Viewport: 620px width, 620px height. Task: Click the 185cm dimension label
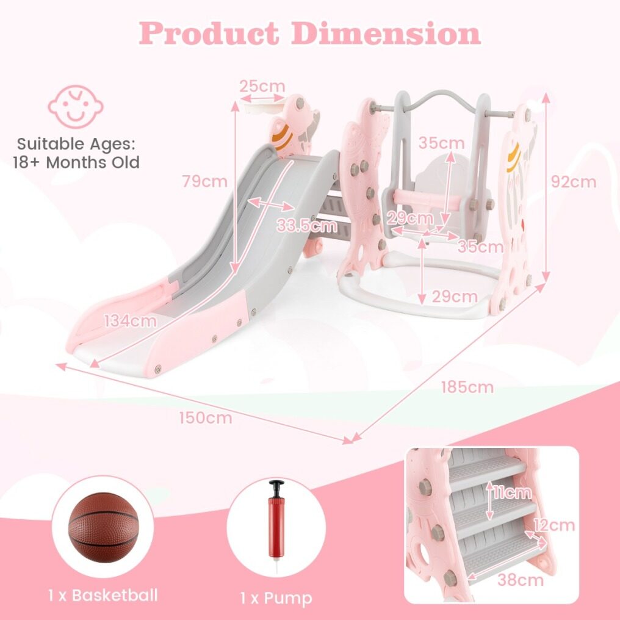click(467, 387)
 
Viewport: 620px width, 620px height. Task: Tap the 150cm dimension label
click(206, 418)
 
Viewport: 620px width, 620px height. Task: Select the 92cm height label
click(574, 182)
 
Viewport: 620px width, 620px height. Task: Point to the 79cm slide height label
click(205, 181)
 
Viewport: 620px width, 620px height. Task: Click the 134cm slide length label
click(131, 321)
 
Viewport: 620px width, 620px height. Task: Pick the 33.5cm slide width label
click(307, 225)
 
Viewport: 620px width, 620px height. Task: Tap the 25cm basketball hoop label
click(262, 86)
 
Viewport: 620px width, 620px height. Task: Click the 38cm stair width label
click(521, 580)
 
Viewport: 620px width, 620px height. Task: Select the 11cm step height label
click(513, 492)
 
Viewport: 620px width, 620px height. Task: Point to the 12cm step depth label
click(554, 525)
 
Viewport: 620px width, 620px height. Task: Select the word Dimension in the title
click(386, 33)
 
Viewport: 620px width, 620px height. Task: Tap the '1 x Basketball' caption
click(103, 595)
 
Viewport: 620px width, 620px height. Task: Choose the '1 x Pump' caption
click(276, 598)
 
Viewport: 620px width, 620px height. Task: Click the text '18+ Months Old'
click(76, 162)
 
